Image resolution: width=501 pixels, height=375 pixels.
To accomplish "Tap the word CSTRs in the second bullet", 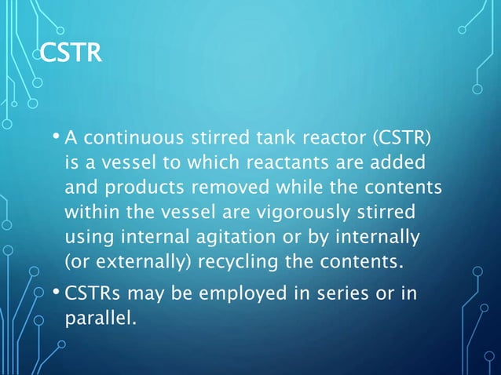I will [90, 293].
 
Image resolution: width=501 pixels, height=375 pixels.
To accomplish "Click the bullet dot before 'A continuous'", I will [57, 139].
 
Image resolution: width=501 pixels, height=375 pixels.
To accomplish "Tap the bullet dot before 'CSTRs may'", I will [57, 293].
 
